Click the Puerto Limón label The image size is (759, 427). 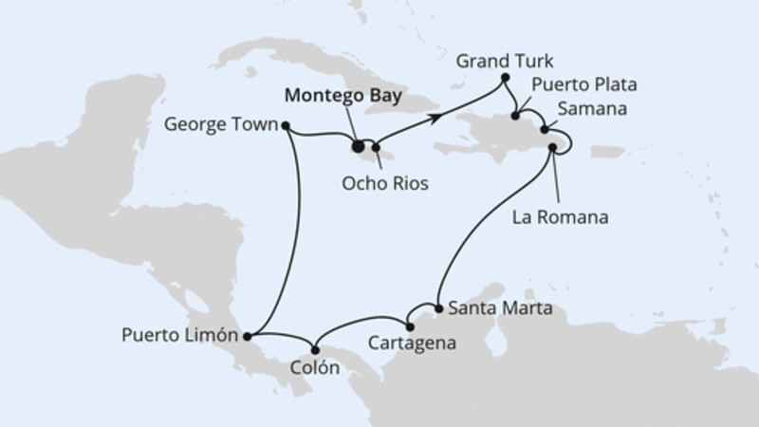coord(180,335)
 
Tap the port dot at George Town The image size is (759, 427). coord(286,124)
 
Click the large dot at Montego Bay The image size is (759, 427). coord(358,146)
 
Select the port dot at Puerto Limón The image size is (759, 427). coord(247,335)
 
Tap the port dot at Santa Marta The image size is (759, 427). coord(437,307)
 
